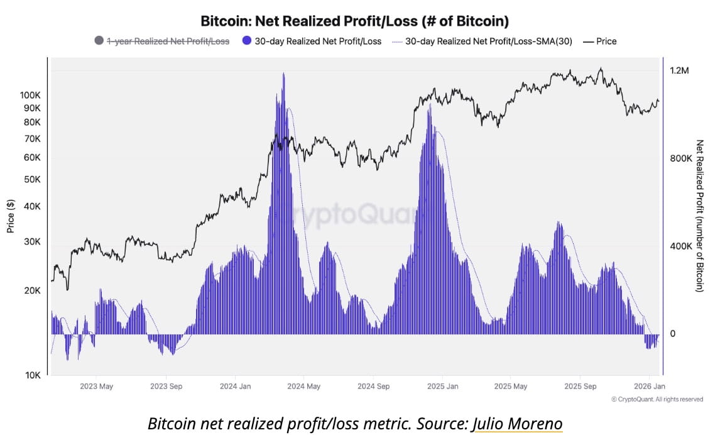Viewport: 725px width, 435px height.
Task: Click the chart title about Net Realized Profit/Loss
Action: pyautogui.click(x=354, y=21)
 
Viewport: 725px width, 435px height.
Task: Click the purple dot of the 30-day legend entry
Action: pyautogui.click(x=246, y=41)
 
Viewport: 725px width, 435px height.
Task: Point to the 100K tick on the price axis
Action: pyautogui.click(x=30, y=95)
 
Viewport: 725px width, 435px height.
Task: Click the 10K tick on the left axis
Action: pyautogui.click(x=33, y=375)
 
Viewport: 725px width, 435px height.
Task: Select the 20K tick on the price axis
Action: pyautogui.click(x=31, y=291)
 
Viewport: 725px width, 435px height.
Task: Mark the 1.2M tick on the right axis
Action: pyautogui.click(x=679, y=71)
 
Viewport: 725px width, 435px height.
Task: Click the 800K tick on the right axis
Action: pyautogui.click(x=680, y=159)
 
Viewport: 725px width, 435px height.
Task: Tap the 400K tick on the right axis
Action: pyautogui.click(x=680, y=246)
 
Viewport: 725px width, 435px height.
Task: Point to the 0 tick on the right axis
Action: pyautogui.click(x=673, y=334)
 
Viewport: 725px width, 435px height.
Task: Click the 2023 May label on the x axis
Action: pyautogui.click(x=97, y=386)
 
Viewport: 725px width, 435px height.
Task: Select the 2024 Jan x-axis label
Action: pyautogui.click(x=236, y=386)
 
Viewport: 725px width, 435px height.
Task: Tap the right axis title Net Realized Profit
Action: pyautogui.click(x=700, y=216)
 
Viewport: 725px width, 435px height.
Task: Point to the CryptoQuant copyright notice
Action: pyautogui.click(x=657, y=399)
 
